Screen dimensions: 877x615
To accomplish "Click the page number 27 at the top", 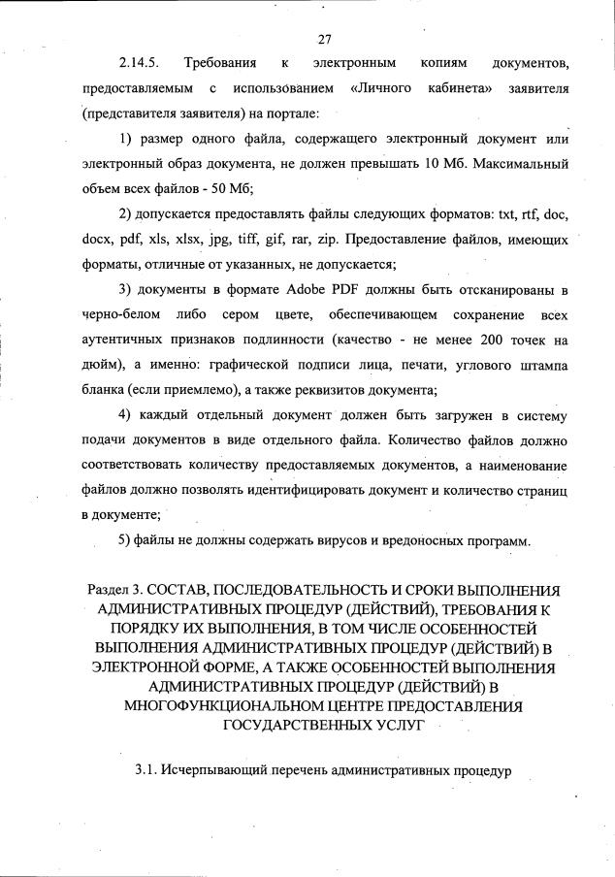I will click(324, 40).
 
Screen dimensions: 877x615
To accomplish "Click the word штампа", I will click(539, 366).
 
